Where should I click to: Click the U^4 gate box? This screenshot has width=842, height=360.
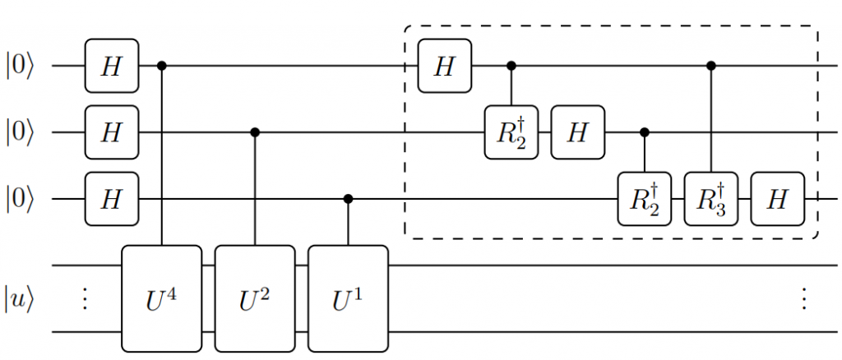161,298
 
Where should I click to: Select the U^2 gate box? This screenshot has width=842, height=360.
254,298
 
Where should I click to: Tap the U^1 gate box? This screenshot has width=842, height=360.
347,298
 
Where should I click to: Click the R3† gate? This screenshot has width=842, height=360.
711,199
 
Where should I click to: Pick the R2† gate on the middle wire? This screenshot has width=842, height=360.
511,132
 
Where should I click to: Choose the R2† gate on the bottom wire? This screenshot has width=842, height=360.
645,199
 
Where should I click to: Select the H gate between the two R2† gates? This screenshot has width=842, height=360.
578,132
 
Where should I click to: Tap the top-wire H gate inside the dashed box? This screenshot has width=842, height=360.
445,65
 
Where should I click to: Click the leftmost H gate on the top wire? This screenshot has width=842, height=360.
112,65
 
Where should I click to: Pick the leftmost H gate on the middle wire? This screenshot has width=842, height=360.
112,132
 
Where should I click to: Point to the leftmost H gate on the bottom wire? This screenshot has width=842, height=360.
112,199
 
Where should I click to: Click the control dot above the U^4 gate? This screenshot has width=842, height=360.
161,65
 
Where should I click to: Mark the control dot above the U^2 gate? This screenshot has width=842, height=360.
254,132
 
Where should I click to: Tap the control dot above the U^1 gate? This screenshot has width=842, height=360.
347,199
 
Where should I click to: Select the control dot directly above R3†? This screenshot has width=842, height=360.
711,65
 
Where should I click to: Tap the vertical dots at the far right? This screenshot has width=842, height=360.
803,298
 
